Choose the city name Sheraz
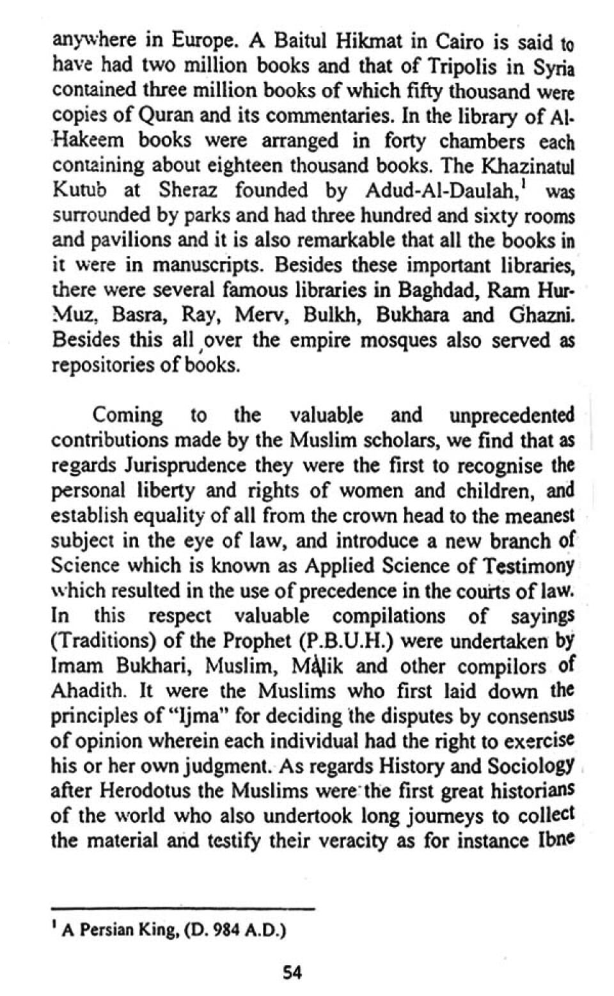click(188, 191)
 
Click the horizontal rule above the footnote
click(183, 908)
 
